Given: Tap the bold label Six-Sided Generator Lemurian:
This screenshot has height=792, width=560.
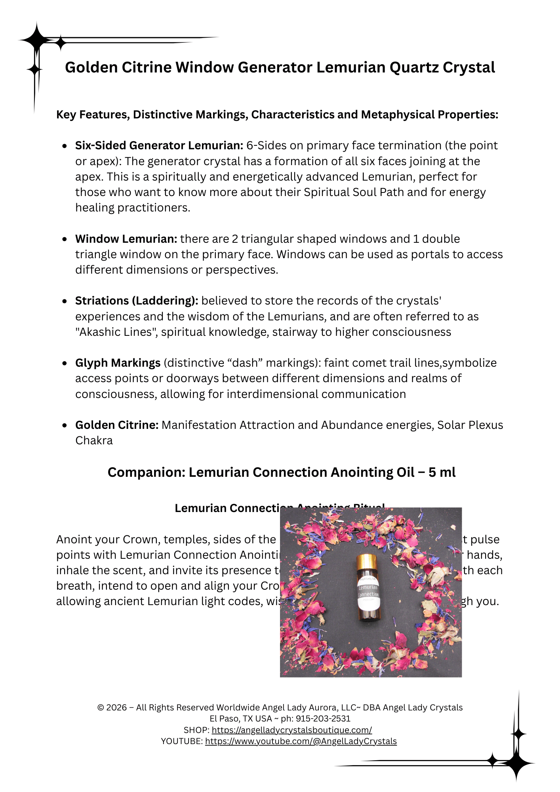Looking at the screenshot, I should pyautogui.click(x=159, y=146).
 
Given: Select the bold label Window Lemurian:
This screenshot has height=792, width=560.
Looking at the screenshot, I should pyautogui.click(x=126, y=239).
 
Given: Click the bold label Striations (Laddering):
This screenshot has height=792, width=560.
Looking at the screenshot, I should pyautogui.click(x=137, y=301).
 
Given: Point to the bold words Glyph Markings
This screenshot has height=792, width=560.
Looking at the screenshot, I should pyautogui.click(x=118, y=363).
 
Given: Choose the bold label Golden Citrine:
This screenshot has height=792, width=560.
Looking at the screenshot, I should pyautogui.click(x=117, y=425).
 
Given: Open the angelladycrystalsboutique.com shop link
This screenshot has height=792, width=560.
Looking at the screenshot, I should pyautogui.click(x=291, y=730).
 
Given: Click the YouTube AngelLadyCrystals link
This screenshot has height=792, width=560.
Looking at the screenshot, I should pyautogui.click(x=301, y=741).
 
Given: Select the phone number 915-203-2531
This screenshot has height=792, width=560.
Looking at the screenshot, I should pyautogui.click(x=323, y=719).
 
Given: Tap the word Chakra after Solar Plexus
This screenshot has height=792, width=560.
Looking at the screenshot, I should pyautogui.click(x=94, y=441).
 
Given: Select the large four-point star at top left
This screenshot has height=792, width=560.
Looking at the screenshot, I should pyautogui.click(x=36, y=40).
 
